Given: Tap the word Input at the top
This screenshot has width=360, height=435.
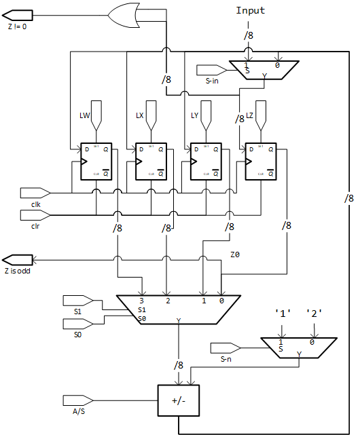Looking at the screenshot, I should pyautogui.click(x=249, y=10).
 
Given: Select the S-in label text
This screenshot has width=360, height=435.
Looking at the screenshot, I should pyautogui.click(x=213, y=81).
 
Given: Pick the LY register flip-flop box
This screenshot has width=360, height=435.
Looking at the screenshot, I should pyautogui.click(x=204, y=162).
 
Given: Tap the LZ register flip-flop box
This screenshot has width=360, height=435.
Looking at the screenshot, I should pyautogui.click(x=259, y=162).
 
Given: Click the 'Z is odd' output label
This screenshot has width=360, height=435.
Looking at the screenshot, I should pyautogui.click(x=20, y=271).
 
